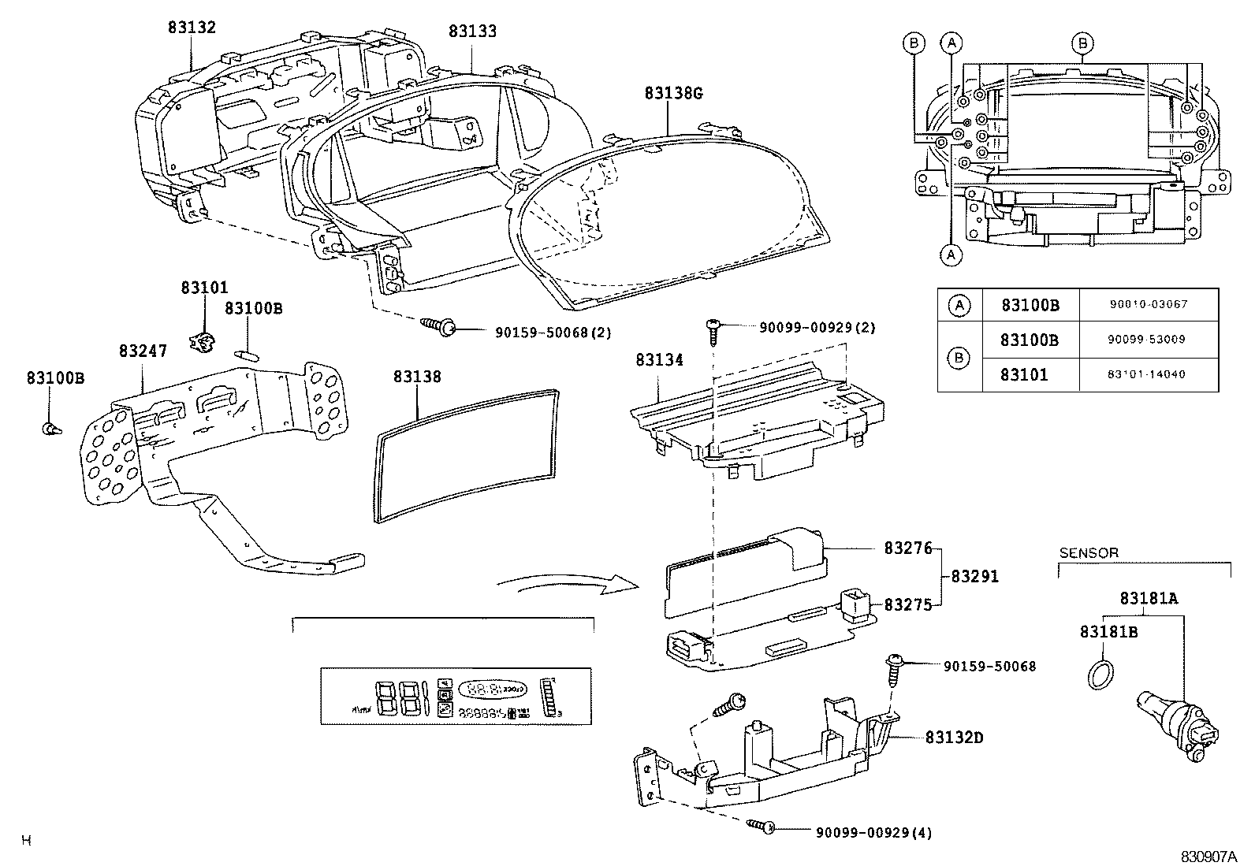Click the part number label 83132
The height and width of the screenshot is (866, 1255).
click(191, 28)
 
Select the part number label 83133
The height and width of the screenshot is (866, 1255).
click(472, 32)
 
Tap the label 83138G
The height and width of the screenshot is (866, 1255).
click(672, 93)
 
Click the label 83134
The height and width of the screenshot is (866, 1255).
click(659, 360)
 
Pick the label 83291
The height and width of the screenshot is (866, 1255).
click(974, 576)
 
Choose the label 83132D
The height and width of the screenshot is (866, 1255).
click(954, 738)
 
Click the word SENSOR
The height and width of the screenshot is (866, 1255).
click(1088, 552)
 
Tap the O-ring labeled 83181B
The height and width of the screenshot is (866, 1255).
click(1101, 675)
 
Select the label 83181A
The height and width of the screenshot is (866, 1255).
click(1149, 598)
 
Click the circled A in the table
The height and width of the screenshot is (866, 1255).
click(959, 305)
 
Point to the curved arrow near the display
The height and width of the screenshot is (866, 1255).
click(568, 583)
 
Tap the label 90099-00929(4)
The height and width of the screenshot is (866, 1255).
click(873, 832)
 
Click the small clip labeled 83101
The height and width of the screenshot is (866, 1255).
click(203, 341)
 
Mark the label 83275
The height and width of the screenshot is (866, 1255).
click(907, 604)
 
